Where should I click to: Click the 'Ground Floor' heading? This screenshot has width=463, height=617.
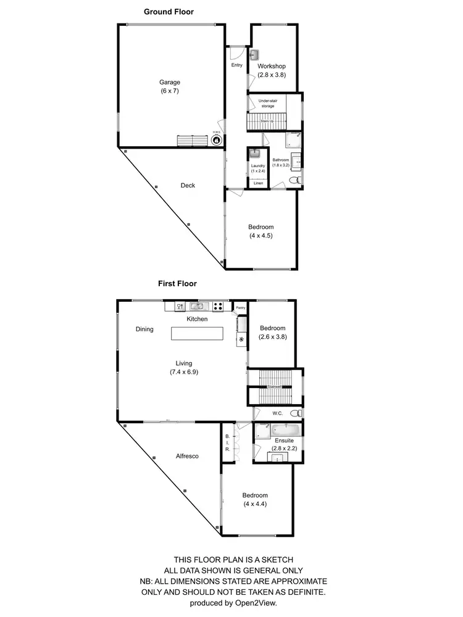point(169,12)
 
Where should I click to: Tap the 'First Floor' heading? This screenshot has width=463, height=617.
point(178,284)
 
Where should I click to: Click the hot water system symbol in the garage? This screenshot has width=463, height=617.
point(217,140)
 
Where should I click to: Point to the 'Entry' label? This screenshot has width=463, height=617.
point(237,65)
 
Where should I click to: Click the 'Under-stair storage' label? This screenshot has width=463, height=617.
point(267,103)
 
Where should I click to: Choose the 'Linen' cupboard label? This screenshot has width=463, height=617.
point(257,183)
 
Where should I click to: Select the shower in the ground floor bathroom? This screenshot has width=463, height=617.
point(293,139)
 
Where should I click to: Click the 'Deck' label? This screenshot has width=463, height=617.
point(188,185)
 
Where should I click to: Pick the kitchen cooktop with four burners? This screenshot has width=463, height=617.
point(218,305)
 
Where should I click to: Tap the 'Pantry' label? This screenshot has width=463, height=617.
point(240,307)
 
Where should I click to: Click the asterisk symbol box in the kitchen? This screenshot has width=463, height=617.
point(241,340)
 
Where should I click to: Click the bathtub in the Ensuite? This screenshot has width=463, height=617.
point(285,429)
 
